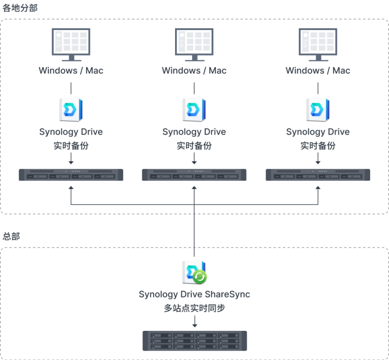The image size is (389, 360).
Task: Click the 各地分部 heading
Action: coord(20,8)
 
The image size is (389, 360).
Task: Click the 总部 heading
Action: coord(11,236)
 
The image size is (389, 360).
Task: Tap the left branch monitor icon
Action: coord(71,45)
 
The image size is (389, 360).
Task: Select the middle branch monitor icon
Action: coord(194,45)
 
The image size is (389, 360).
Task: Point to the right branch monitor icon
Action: coord(318,45)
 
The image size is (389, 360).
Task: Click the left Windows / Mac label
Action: coord(71,70)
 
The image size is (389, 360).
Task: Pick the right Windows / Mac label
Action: coord(318,70)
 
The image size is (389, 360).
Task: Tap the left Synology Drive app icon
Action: coord(71,110)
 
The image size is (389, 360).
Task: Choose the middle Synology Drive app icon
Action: coord(194,110)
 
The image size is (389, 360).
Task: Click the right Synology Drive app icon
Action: coord(318,110)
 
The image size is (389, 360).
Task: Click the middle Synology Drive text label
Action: coord(194,132)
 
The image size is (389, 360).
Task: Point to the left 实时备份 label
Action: coord(71,146)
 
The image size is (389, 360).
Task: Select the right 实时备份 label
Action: coord(318,146)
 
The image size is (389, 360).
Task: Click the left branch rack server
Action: coord(71,175)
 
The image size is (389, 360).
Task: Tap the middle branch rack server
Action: coord(194,175)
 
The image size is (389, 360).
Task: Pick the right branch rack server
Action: coord(318,175)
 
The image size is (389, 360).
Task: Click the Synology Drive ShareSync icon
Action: coord(194,272)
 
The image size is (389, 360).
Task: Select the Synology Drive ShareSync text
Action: coord(194,294)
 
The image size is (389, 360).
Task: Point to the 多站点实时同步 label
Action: coord(194,308)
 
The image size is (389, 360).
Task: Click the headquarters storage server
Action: coord(195,341)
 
